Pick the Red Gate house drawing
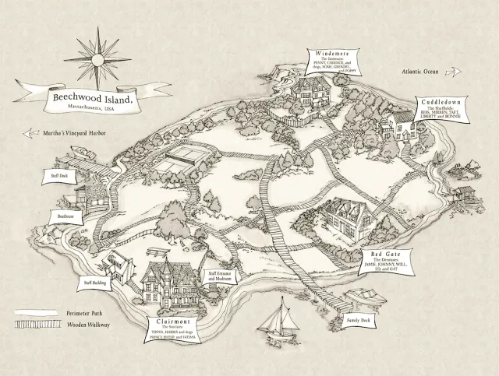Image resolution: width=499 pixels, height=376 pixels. coord(347,216)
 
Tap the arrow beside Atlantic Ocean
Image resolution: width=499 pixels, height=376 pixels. coord(453,72)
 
